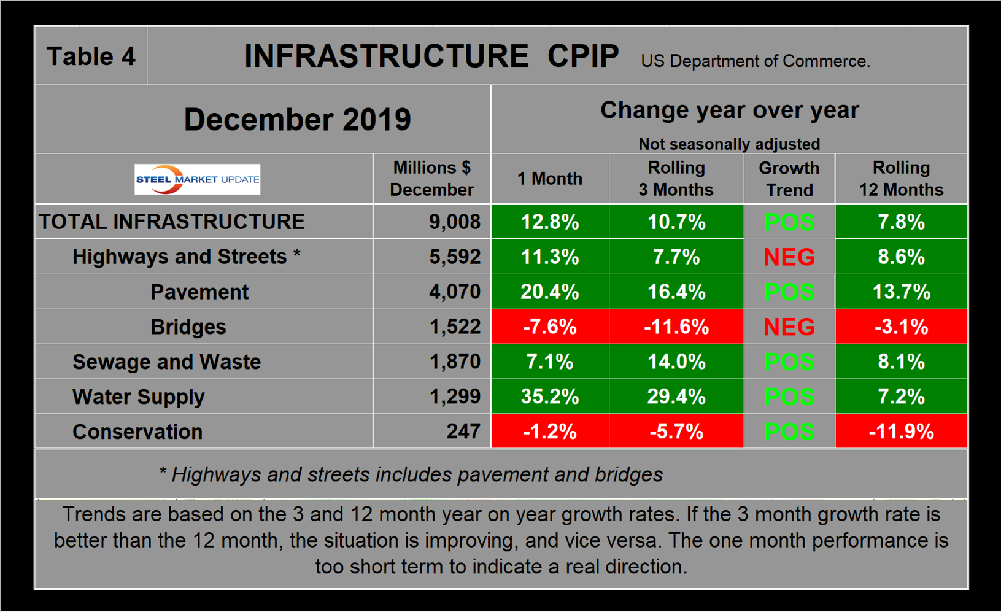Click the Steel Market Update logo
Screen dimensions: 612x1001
click(197, 179)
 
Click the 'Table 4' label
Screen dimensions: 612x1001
click(91, 56)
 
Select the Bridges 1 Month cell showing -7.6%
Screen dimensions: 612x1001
click(549, 327)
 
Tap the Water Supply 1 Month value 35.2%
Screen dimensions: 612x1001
click(549, 397)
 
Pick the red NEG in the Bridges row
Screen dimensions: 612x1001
click(789, 327)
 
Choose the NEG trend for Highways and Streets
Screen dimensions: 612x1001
click(789, 257)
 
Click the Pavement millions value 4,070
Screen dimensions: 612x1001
click(454, 292)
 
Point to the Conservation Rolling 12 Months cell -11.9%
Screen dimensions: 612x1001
click(901, 432)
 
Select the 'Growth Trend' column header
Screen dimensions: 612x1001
click(789, 179)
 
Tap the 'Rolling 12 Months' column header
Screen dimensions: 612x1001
click(901, 179)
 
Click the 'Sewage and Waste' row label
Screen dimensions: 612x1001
click(166, 362)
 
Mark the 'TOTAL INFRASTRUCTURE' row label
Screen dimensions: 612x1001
click(172, 222)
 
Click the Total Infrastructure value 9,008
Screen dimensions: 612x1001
click(454, 222)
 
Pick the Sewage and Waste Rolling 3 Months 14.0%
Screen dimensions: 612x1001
click(676, 362)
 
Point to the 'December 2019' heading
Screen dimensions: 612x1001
click(297, 119)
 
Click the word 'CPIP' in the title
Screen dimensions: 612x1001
click(583, 56)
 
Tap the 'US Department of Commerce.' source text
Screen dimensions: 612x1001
click(755, 61)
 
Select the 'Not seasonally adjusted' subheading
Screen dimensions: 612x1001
click(729, 144)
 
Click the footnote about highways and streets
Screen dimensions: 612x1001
click(411, 474)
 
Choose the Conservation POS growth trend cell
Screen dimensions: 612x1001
click(789, 432)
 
